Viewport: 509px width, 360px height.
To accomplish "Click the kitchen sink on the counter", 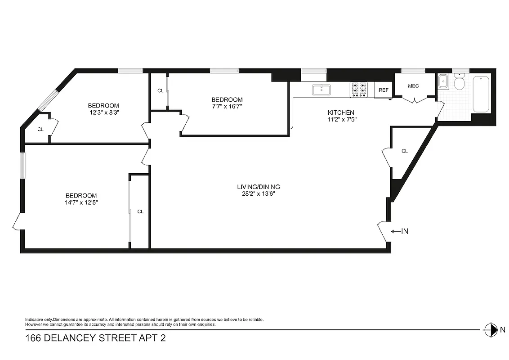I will pyautogui.click(x=321, y=90).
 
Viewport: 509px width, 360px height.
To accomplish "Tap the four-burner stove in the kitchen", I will pyautogui.click(x=359, y=90).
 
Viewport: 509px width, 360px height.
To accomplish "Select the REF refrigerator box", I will pyautogui.click(x=383, y=90).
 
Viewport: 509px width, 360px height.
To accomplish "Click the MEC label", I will pyautogui.click(x=413, y=86).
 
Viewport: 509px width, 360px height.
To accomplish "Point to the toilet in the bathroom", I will pyautogui.click(x=459, y=83).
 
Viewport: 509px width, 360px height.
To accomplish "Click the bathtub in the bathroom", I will pyautogui.click(x=481, y=94).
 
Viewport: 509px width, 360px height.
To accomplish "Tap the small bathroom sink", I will pyautogui.click(x=442, y=81).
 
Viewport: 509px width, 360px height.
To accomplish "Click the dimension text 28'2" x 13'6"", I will pyautogui.click(x=259, y=194).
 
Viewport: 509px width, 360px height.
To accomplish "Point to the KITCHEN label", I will pyautogui.click(x=341, y=112).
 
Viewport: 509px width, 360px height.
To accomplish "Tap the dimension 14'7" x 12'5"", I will pyautogui.click(x=81, y=202).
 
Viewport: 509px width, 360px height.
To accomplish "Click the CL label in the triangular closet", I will pyautogui.click(x=404, y=151).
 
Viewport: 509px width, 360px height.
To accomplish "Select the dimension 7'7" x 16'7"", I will pyautogui.click(x=227, y=107).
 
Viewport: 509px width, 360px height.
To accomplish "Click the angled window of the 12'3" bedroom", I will pyautogui.click(x=48, y=100).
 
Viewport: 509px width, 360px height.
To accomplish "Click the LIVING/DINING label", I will pyautogui.click(x=259, y=187).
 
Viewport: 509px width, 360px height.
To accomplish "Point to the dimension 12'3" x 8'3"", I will pyautogui.click(x=103, y=112).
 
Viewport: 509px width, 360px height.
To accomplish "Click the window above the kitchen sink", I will pyautogui.click(x=313, y=71).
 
